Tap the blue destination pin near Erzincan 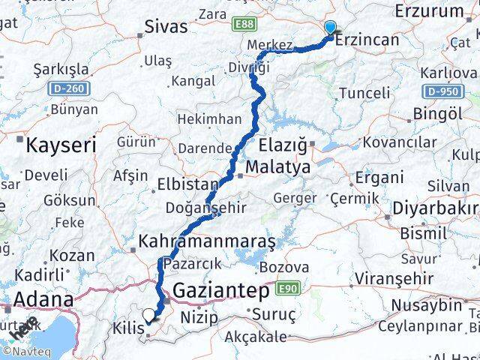coord(330,28)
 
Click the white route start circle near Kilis coord(149,316)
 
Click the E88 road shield coord(244,25)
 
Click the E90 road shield coord(288,287)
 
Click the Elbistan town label coord(187,184)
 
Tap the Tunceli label coord(364,93)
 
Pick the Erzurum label coord(429,10)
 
